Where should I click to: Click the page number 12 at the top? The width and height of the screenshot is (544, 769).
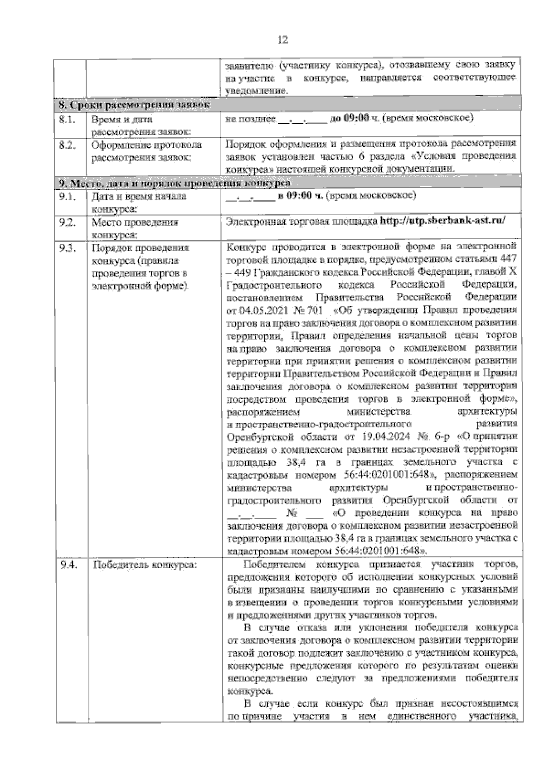282,40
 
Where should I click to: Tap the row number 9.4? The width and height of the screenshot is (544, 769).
68,565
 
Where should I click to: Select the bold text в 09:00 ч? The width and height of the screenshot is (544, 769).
300,196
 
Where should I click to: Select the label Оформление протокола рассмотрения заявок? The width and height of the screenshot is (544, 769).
146,151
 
